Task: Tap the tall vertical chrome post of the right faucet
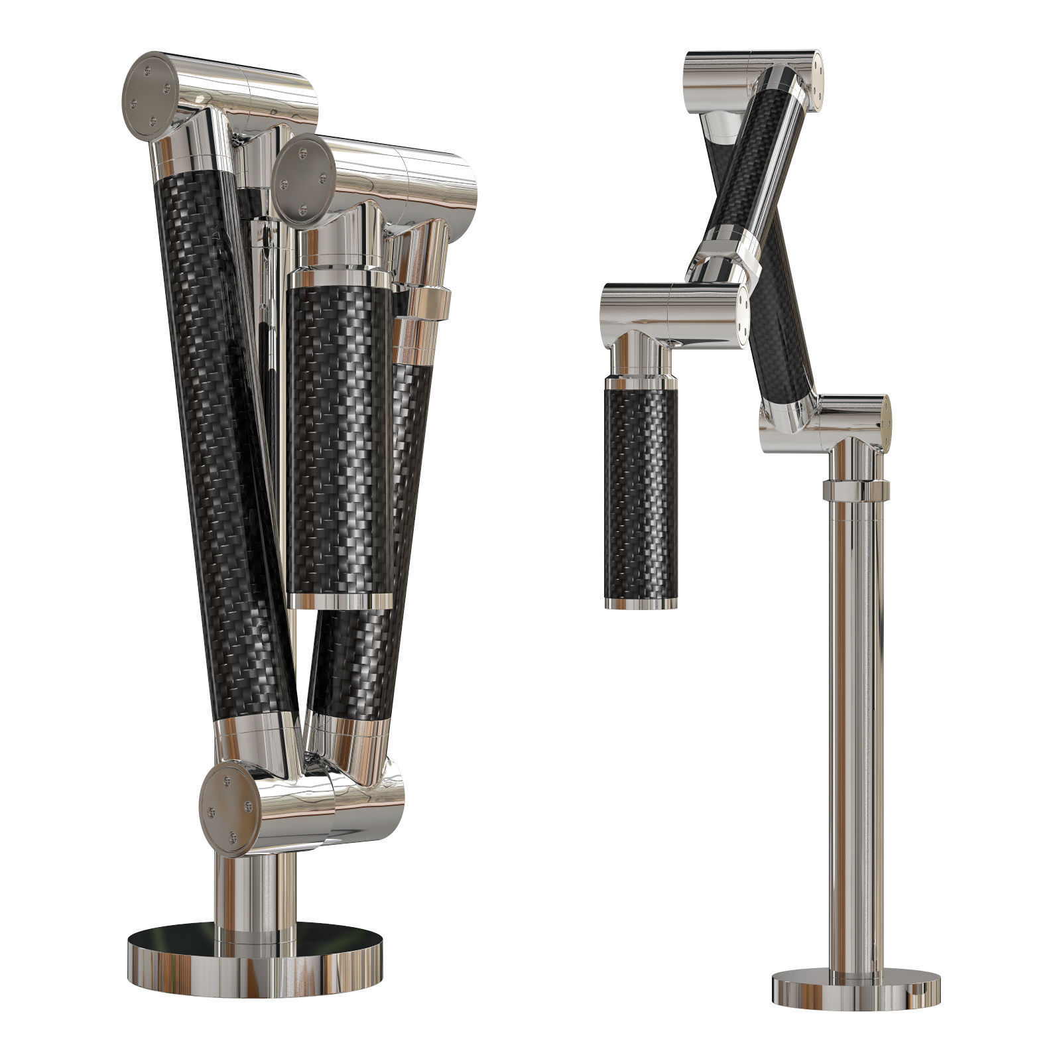855,729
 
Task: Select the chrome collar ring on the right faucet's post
855,491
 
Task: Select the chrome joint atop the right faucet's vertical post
842,421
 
